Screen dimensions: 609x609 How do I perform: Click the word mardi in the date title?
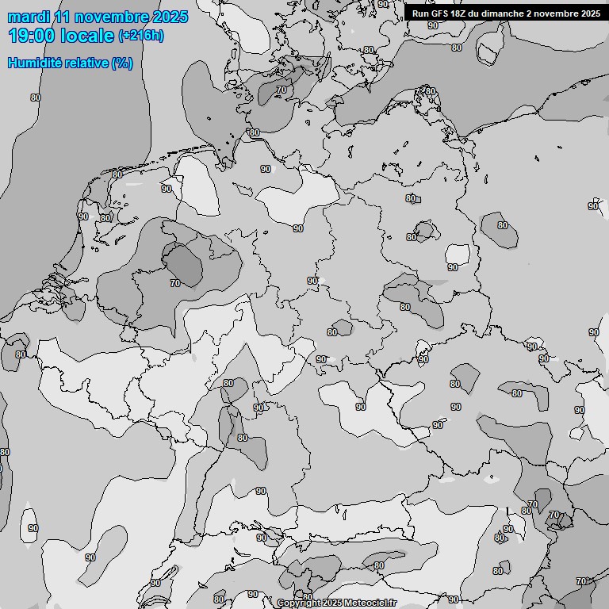pos(29,17)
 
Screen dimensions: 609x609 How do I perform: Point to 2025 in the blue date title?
pos(170,17)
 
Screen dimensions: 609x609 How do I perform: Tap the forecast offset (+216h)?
pos(141,36)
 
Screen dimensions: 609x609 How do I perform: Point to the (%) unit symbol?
pos(122,63)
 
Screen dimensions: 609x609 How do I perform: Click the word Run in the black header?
pos(420,13)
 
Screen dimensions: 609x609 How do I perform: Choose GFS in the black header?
pos(439,13)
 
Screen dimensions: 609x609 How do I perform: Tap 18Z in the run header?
pos(458,13)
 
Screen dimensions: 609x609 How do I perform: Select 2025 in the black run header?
pos(589,13)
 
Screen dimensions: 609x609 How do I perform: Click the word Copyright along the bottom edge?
pos(299,603)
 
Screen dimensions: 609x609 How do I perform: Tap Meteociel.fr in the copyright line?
pos(370,603)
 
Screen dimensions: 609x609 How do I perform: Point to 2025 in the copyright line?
pos(333,603)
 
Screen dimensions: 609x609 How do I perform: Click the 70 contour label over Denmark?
pos(282,90)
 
